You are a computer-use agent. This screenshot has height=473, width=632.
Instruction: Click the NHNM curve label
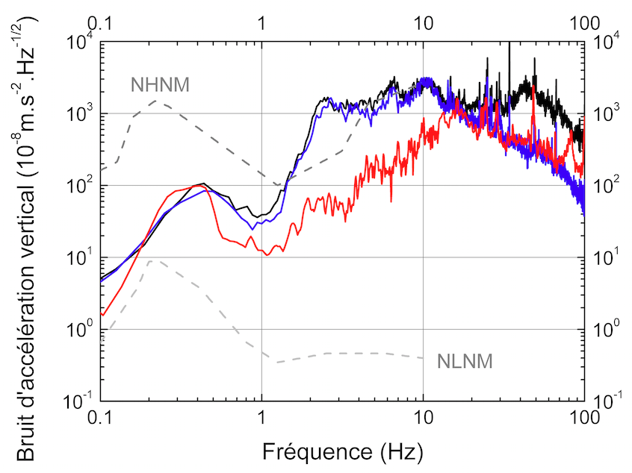coord(160,84)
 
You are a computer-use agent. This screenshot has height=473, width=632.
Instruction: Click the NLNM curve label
coord(464,362)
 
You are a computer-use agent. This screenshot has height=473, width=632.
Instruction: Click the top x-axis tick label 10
coord(424,22)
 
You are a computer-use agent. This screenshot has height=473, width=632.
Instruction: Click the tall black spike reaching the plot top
coord(509,45)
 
